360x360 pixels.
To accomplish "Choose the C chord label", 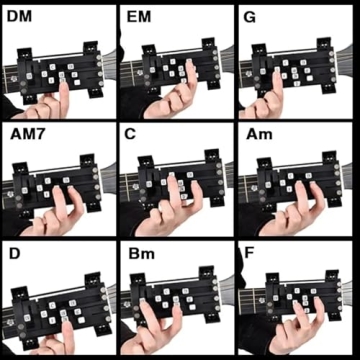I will click(x=133, y=135).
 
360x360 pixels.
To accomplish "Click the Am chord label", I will click(x=255, y=135).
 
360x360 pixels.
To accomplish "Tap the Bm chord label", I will click(x=139, y=254).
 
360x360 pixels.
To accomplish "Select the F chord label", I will click(x=249, y=254).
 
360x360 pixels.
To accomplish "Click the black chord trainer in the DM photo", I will click(x=60, y=70).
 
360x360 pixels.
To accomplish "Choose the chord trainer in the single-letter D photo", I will click(x=55, y=305).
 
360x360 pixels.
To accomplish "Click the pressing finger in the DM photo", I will click(x=63, y=95).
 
